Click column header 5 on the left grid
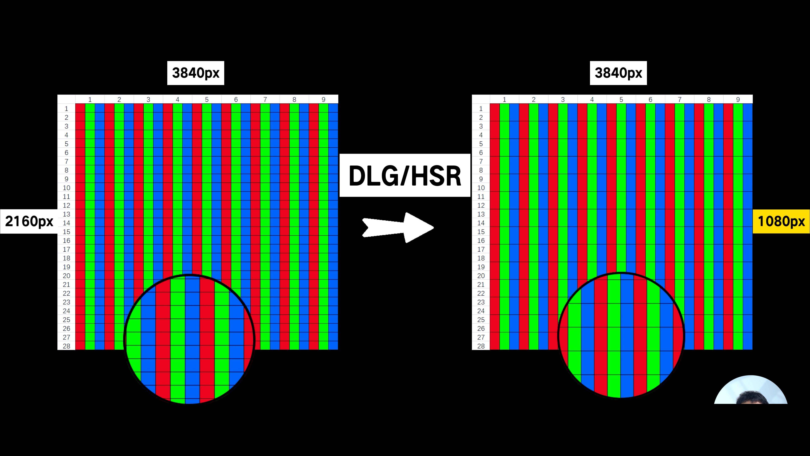207,99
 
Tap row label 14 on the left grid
66,223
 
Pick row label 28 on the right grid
481,346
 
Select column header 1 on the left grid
90,99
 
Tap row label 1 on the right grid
481,109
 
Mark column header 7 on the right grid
679,99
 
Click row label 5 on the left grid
66,144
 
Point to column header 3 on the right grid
563,99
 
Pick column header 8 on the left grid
294,99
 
